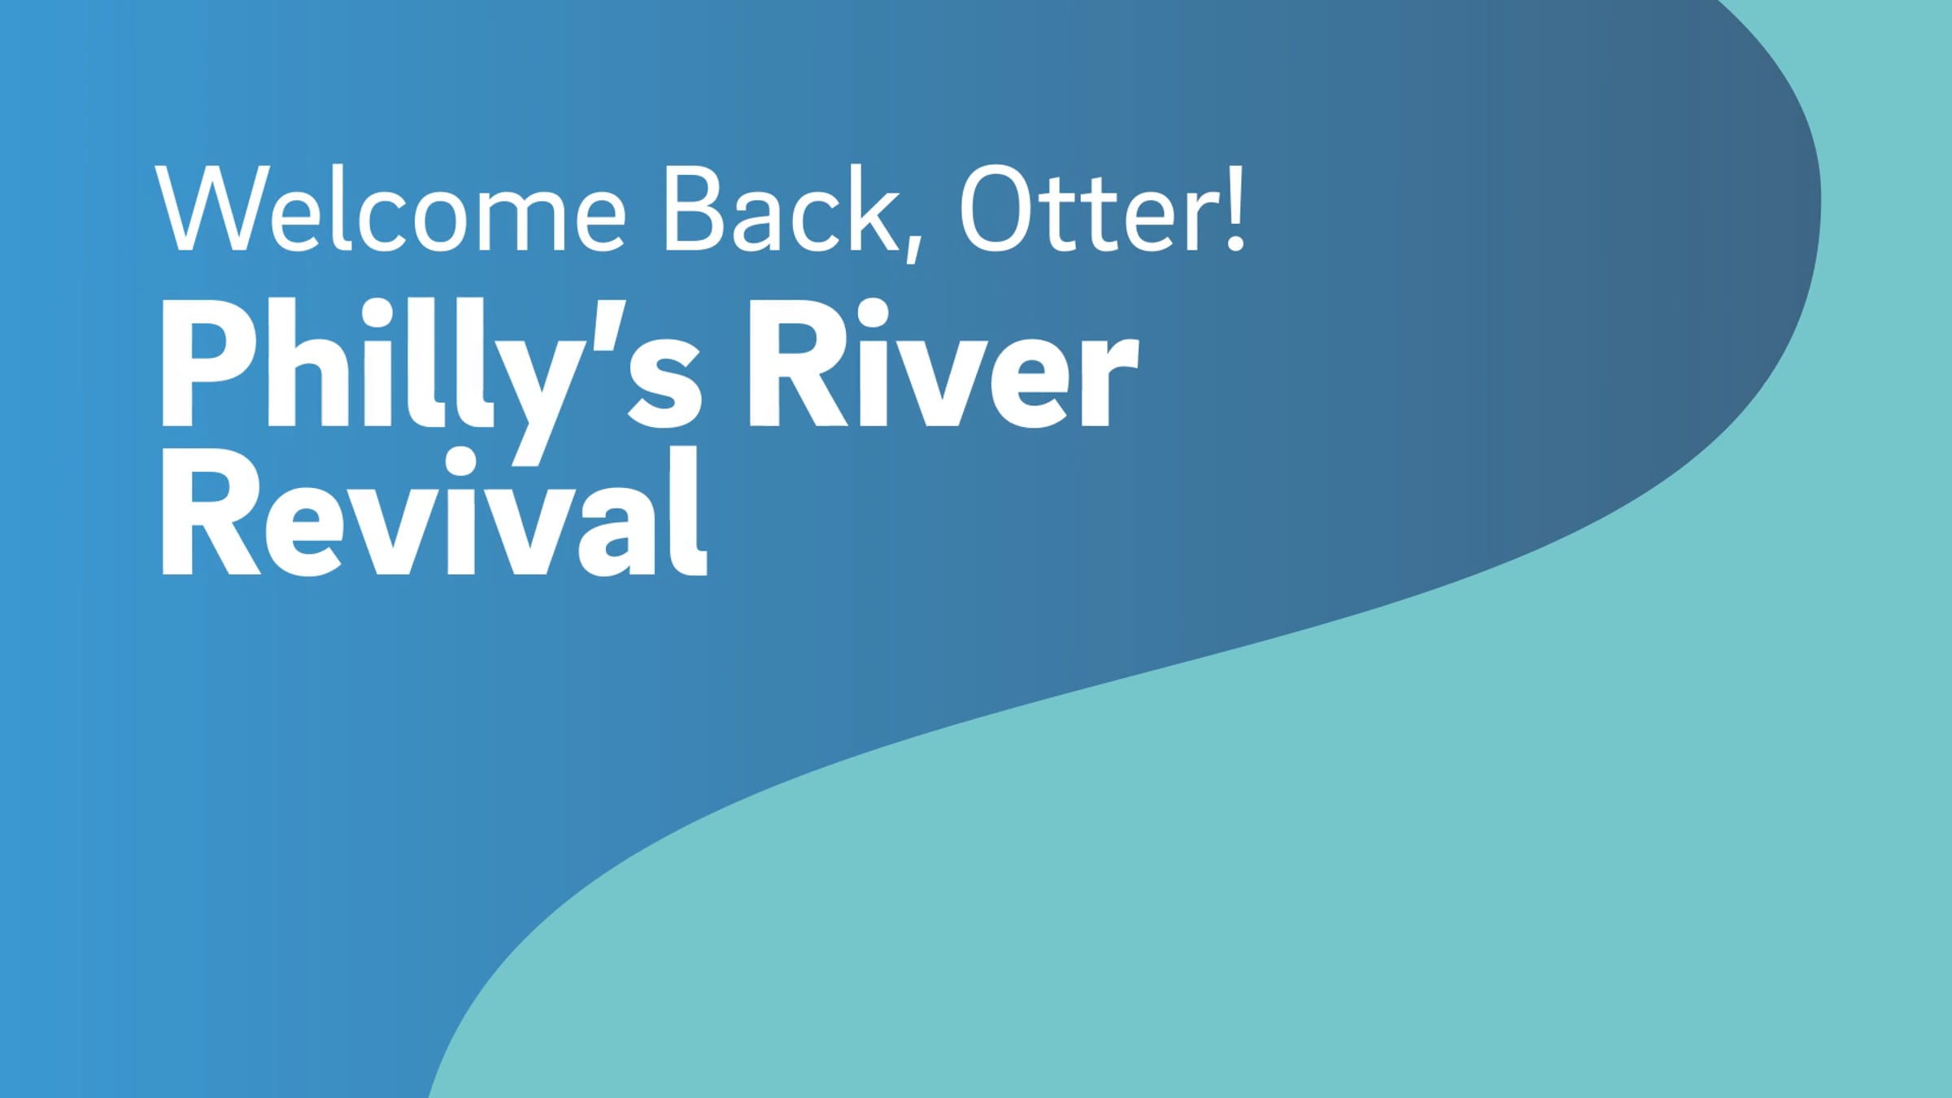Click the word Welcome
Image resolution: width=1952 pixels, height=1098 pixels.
point(390,208)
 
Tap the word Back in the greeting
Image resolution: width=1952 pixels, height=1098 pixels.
point(781,208)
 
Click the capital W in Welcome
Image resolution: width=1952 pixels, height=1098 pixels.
point(210,208)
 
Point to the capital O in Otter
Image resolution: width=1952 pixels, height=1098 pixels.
point(998,208)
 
